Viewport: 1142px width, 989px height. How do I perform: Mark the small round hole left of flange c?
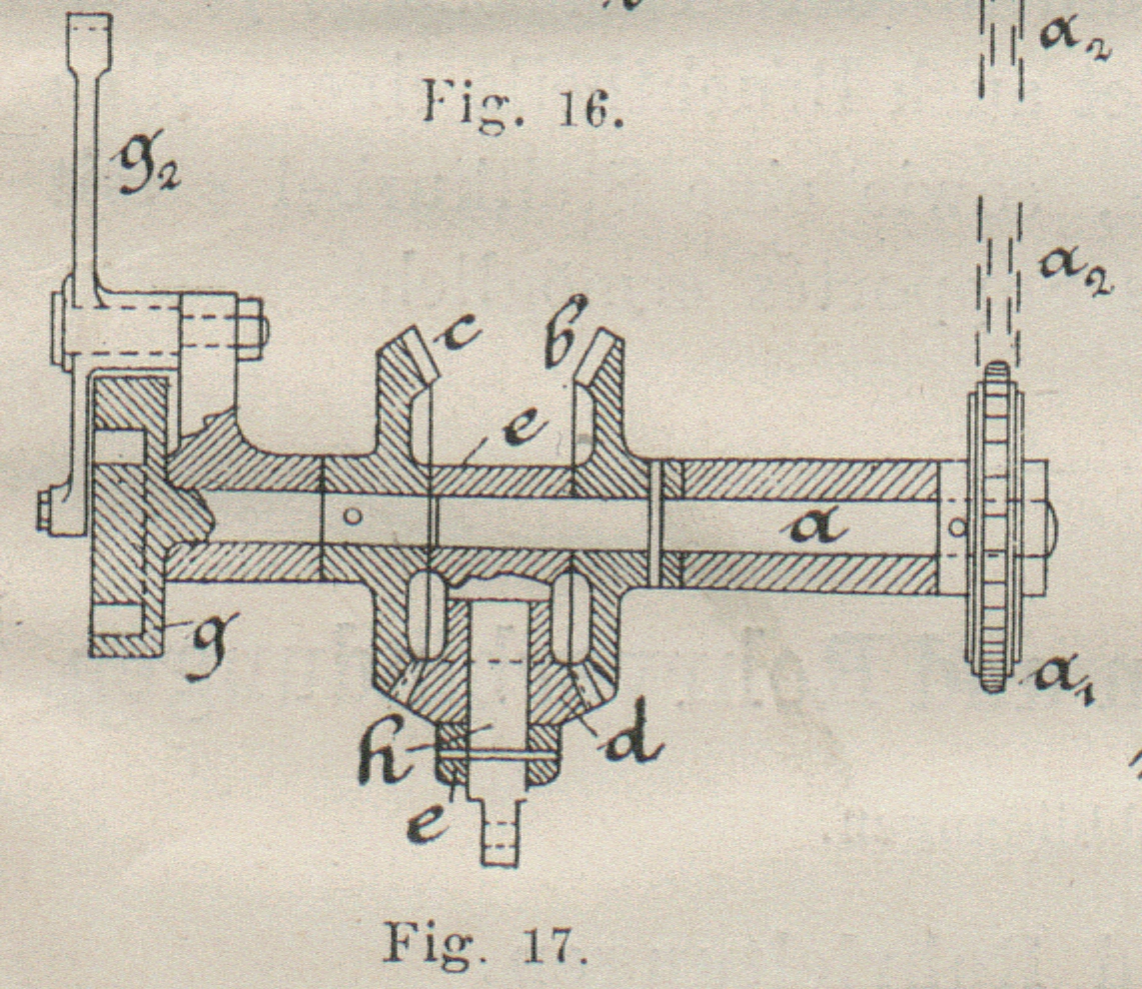pyautogui.click(x=349, y=516)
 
